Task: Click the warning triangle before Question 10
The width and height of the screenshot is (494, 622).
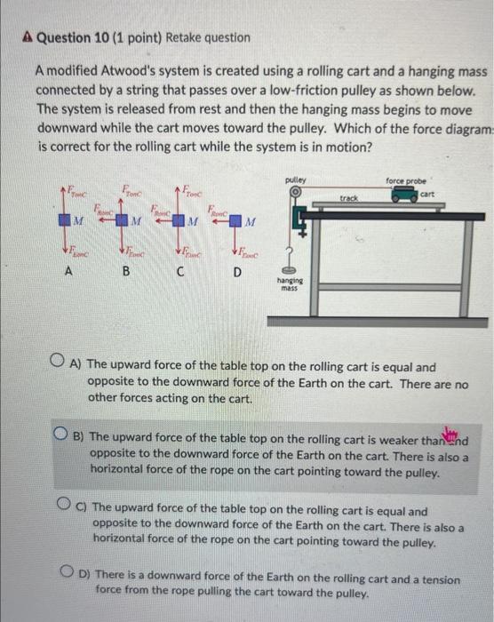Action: (27, 38)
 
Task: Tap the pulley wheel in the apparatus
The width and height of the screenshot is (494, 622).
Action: (296, 193)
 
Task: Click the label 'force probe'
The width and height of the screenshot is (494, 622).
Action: (405, 179)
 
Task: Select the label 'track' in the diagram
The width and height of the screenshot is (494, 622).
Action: (349, 198)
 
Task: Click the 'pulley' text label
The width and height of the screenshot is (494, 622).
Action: (296, 179)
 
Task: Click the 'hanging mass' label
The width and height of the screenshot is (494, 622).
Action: (290, 284)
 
